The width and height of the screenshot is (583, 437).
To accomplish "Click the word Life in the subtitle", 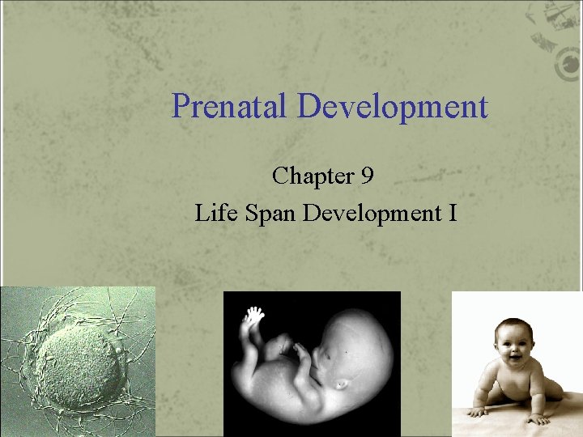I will (212, 213).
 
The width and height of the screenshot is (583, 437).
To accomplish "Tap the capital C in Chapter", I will (280, 176).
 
